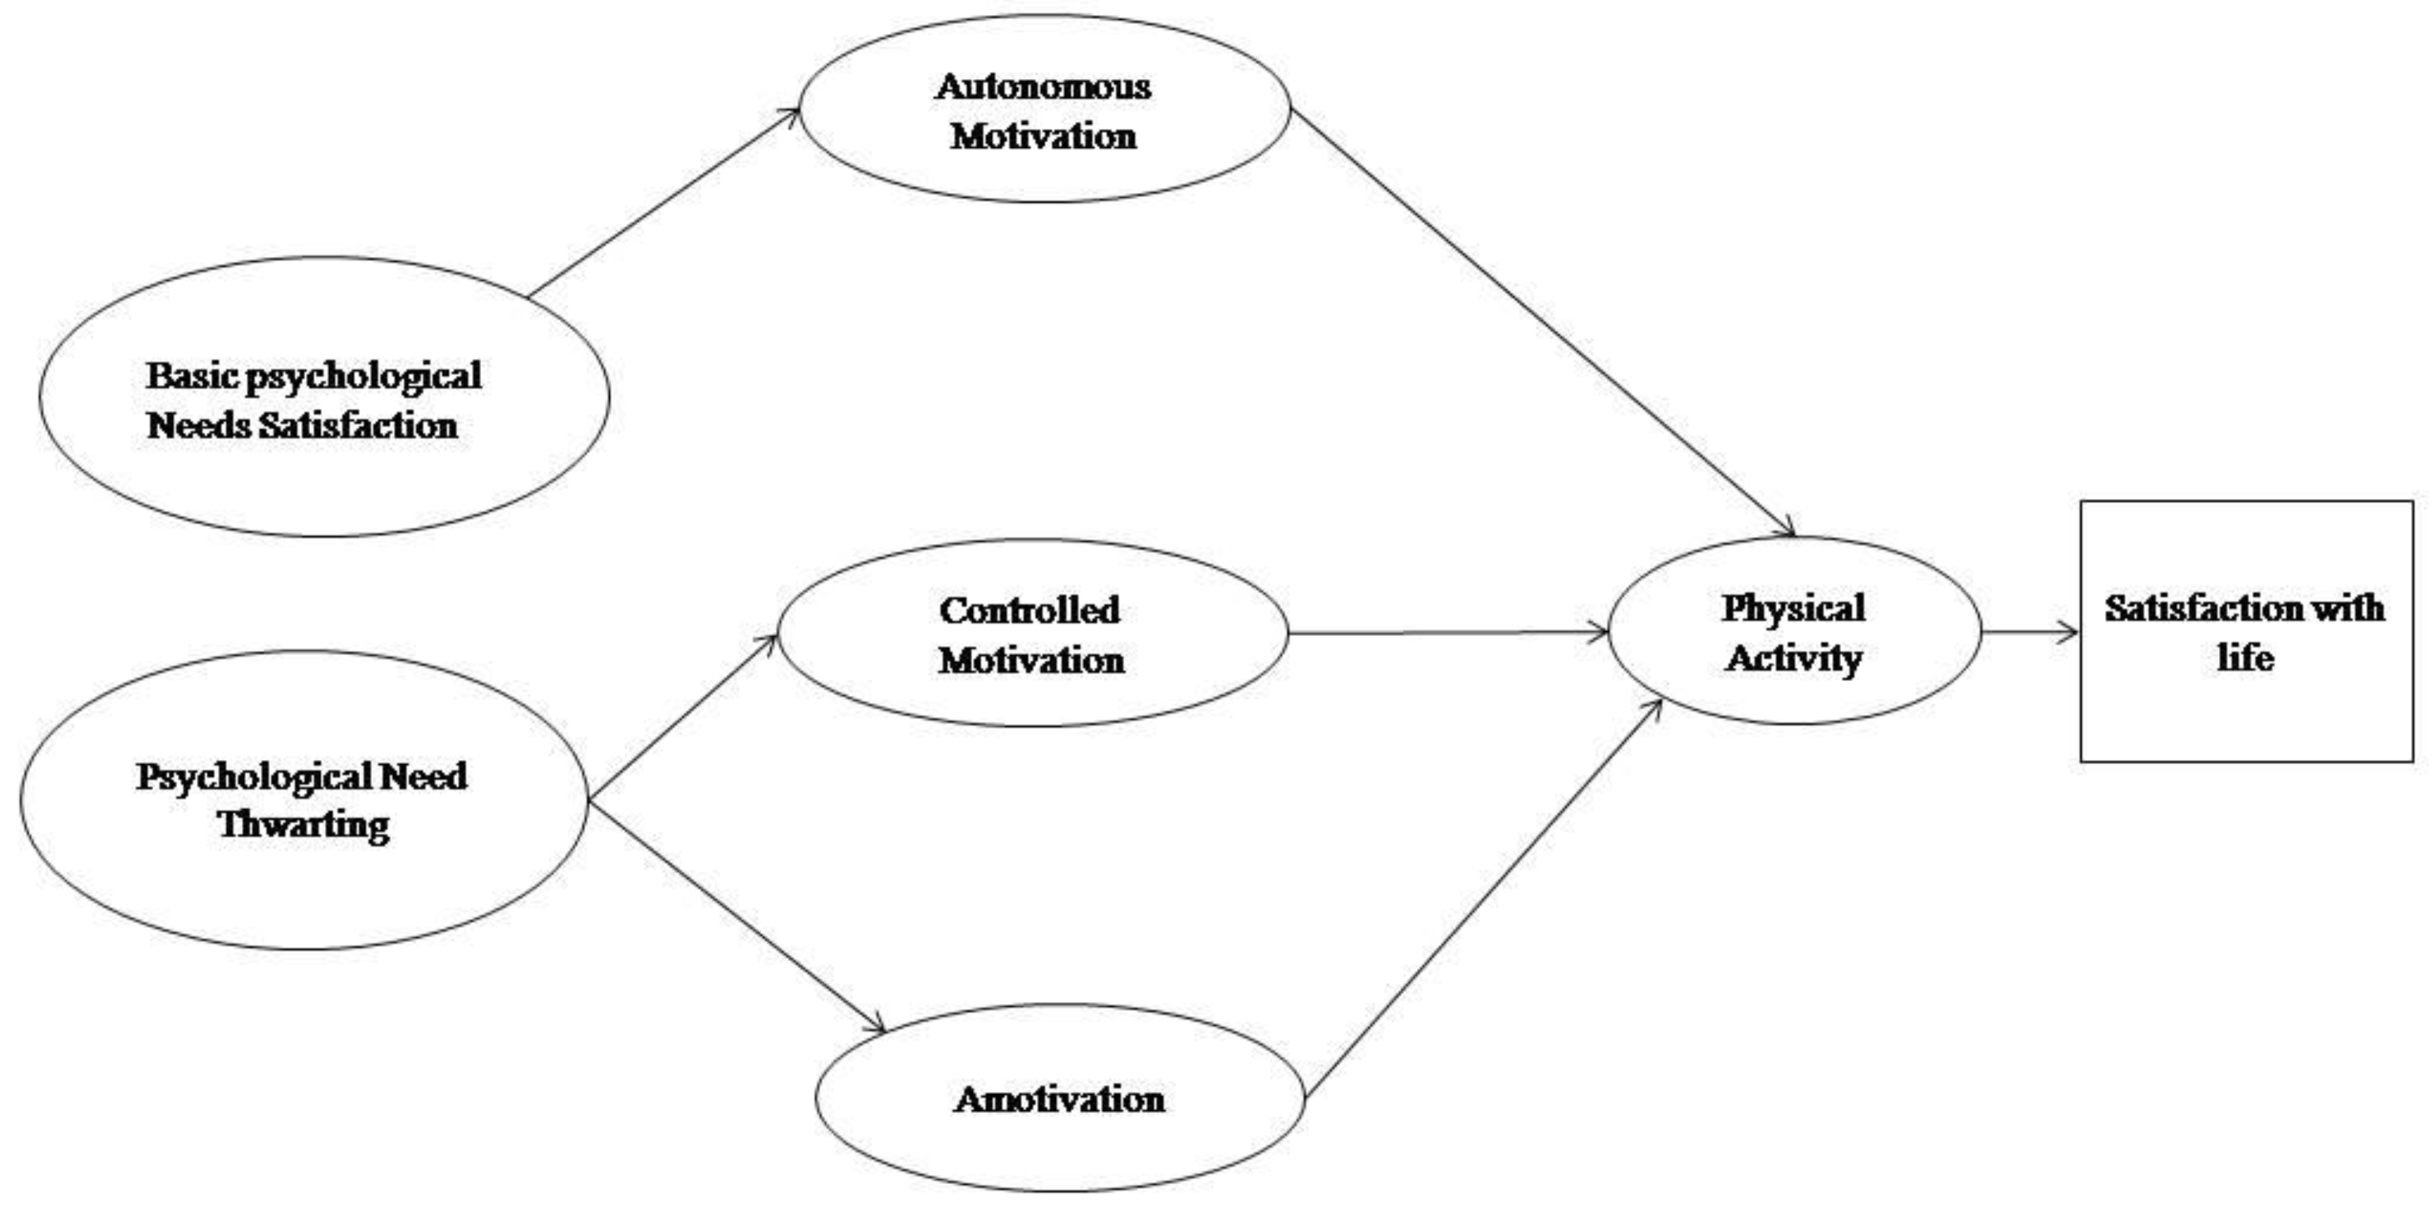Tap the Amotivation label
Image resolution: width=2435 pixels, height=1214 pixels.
pos(1059,1099)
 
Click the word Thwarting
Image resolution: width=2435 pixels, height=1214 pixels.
pos(303,825)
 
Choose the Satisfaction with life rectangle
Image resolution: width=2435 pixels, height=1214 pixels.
pos(2246,718)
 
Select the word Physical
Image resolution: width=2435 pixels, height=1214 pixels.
pos(1793,608)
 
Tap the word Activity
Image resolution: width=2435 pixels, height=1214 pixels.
pos(1793,658)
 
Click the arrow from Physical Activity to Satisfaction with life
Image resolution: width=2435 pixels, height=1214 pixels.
pos(2030,632)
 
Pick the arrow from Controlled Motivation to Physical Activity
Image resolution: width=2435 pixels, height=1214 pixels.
pos(1446,632)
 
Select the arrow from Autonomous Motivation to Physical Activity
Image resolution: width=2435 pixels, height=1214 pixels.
pos(1540,322)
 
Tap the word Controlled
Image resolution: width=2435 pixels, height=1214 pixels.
pos(1029,611)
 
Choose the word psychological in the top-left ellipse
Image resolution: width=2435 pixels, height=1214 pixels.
pos(363,377)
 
